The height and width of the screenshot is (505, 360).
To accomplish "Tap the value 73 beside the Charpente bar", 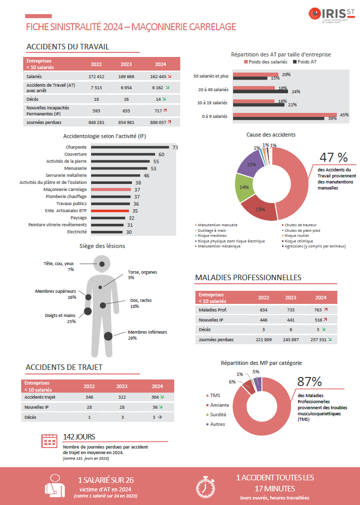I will pos(175,147).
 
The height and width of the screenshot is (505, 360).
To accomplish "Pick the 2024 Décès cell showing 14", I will pos(161,99).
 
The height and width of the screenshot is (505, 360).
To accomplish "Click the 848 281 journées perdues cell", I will pos(96,122).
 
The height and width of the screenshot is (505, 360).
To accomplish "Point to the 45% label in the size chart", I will pos(345,114).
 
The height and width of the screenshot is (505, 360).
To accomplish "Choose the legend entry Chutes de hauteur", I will pos(301,225).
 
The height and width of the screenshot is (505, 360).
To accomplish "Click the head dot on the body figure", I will pos(102,263).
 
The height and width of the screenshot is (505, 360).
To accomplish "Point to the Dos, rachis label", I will pos(141,300).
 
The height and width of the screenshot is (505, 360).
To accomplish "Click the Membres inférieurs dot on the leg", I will pos(108,336).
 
